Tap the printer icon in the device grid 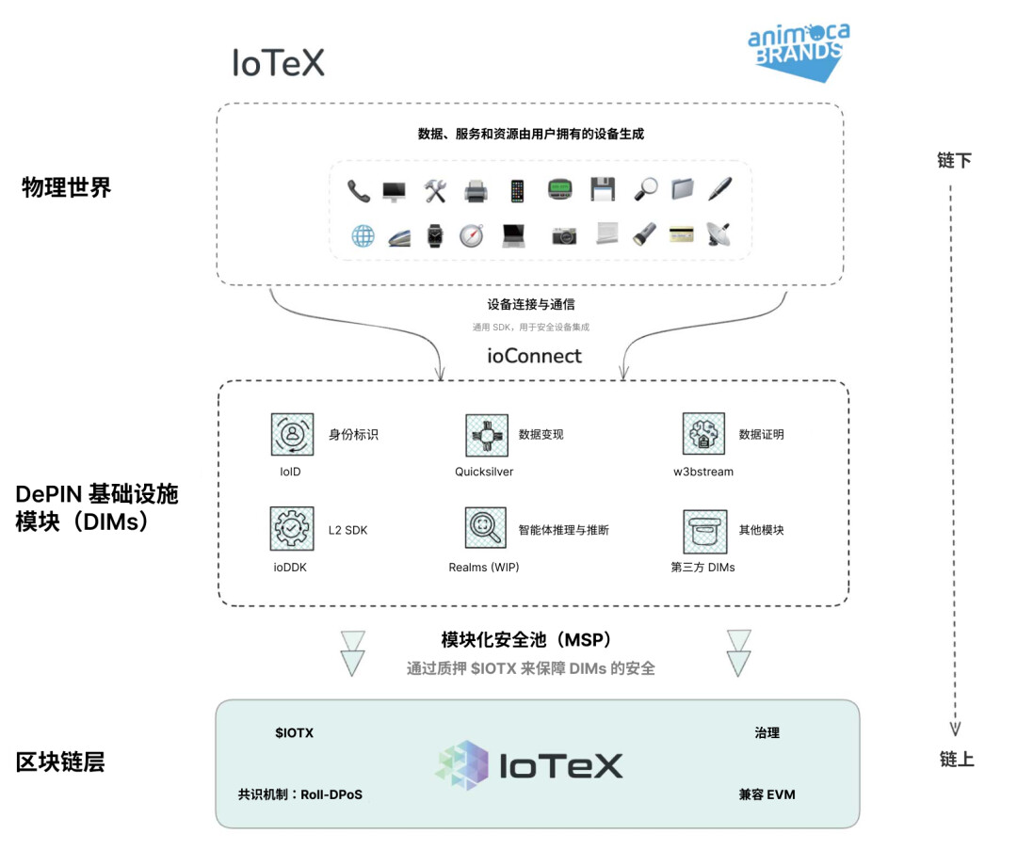pyautogui.click(x=476, y=191)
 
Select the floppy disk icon pyautogui.click(x=603, y=189)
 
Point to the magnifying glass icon pyautogui.click(x=645, y=189)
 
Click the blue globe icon pyautogui.click(x=363, y=235)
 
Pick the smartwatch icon pyautogui.click(x=434, y=235)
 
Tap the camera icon pyautogui.click(x=564, y=235)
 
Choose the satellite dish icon pyautogui.click(x=718, y=235)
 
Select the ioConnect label pyautogui.click(x=534, y=356)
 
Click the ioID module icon pyautogui.click(x=292, y=435)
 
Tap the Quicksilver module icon pyautogui.click(x=487, y=435)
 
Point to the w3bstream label pyautogui.click(x=702, y=472)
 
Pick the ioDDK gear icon pyautogui.click(x=292, y=529)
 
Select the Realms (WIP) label pyautogui.click(x=484, y=568)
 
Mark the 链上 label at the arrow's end pyautogui.click(x=957, y=760)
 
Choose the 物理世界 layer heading pyautogui.click(x=66, y=187)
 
